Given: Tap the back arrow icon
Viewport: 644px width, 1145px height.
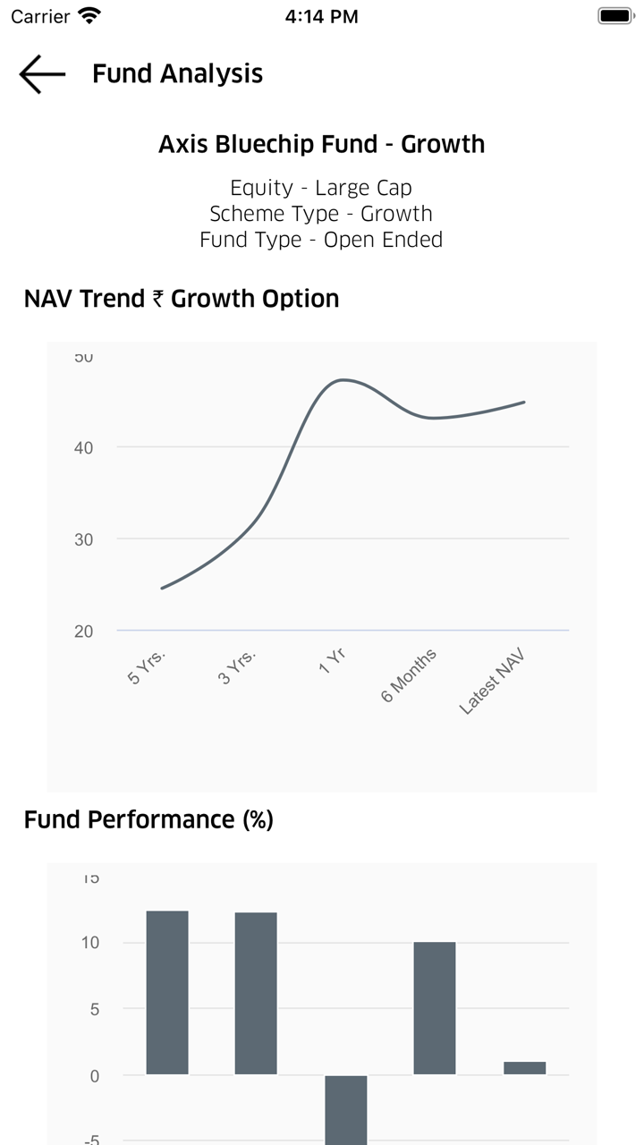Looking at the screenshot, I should coord(42,73).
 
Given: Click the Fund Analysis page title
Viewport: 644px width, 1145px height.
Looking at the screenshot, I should coord(177,73).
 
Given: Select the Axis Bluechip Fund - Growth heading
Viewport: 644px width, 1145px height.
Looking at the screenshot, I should coord(321,144).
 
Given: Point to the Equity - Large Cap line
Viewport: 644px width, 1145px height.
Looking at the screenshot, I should coord(321,188).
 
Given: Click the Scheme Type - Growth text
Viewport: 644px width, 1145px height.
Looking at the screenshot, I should coord(321,214).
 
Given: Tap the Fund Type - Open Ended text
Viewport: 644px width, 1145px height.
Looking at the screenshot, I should coord(321,240).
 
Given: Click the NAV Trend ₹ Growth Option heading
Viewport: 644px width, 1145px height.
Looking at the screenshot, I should coord(182,299).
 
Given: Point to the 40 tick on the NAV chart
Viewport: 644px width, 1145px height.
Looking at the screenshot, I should coord(83,447).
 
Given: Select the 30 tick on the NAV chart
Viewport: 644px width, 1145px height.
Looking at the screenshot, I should coord(83,539).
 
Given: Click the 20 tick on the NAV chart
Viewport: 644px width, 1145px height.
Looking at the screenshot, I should coord(83,632).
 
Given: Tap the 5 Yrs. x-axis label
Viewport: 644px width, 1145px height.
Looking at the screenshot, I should coord(148,666).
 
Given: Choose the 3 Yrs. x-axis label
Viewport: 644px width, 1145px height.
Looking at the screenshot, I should coord(237,666).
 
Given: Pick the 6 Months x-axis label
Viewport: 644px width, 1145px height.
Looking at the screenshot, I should coord(409,675).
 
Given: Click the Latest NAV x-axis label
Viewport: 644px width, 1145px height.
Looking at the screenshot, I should coord(491,682).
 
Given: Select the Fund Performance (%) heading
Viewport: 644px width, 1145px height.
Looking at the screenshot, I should coord(148,819).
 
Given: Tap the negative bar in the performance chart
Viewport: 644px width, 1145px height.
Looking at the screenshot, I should coord(346,1109).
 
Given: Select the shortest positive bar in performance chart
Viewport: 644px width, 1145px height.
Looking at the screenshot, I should coord(525,1068).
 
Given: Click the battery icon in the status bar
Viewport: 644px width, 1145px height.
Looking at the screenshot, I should coord(615,16).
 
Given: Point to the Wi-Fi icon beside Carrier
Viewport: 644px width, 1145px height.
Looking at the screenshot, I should coord(89,16).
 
